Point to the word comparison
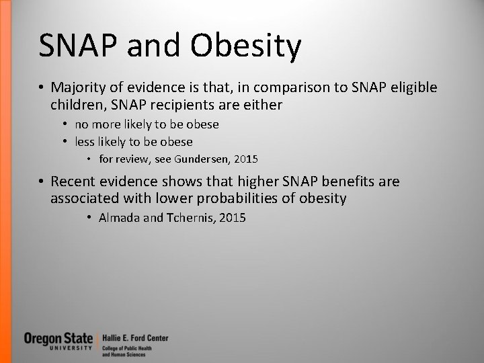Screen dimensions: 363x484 (279, 88)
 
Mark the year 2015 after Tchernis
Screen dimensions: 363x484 (231, 218)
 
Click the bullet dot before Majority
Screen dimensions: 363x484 (42, 89)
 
